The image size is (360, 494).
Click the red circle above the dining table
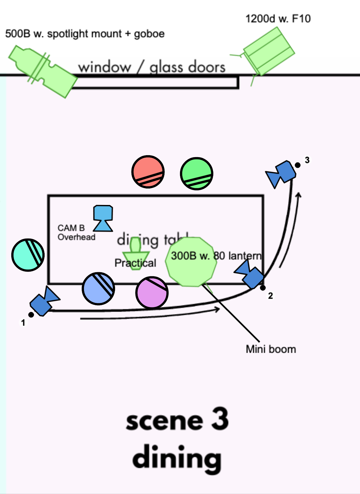tap(148, 172)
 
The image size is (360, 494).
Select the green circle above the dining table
tap(196, 174)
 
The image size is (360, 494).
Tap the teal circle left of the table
tap(28, 255)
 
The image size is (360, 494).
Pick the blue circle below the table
tap(98, 288)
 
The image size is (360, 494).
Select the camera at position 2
tap(250, 274)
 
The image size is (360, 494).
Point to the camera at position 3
tap(281, 174)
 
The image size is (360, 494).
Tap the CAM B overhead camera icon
tap(103, 218)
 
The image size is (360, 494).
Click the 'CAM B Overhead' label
tap(76, 232)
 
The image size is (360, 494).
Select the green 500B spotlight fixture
tap(42, 71)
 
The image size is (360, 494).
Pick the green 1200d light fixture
tap(268, 51)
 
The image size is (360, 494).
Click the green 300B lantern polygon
tap(191, 262)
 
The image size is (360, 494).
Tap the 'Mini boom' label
tap(271, 349)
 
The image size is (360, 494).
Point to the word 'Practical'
tap(135, 263)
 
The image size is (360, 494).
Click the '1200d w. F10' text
tap(278, 19)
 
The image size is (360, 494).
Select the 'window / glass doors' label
tap(152, 67)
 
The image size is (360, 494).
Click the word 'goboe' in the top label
tap(149, 34)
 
